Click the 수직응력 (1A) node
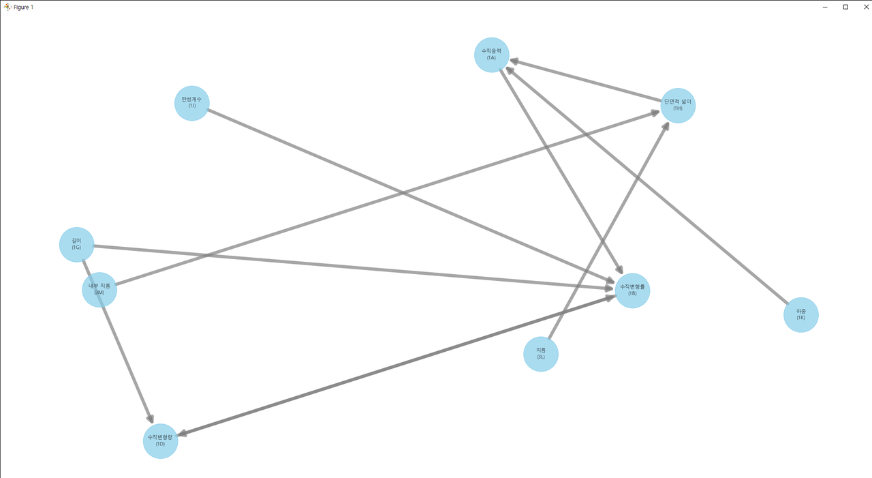(x=492, y=55)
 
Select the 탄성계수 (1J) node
(x=192, y=103)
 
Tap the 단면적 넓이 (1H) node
(x=678, y=106)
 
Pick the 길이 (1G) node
(x=76, y=244)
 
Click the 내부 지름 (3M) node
(x=99, y=290)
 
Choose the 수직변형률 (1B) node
(x=632, y=290)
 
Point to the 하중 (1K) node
(x=800, y=315)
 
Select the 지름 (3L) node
(x=541, y=354)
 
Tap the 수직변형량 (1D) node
(x=160, y=441)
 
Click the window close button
(x=867, y=7)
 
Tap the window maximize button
(x=845, y=7)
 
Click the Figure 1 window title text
(x=23, y=7)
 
